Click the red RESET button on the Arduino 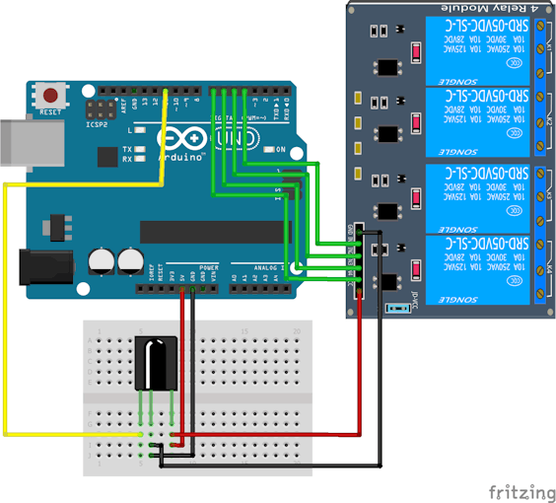(x=49, y=97)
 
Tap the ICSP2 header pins (x=100, y=109)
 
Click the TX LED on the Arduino (x=143, y=149)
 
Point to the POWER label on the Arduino (x=208, y=267)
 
